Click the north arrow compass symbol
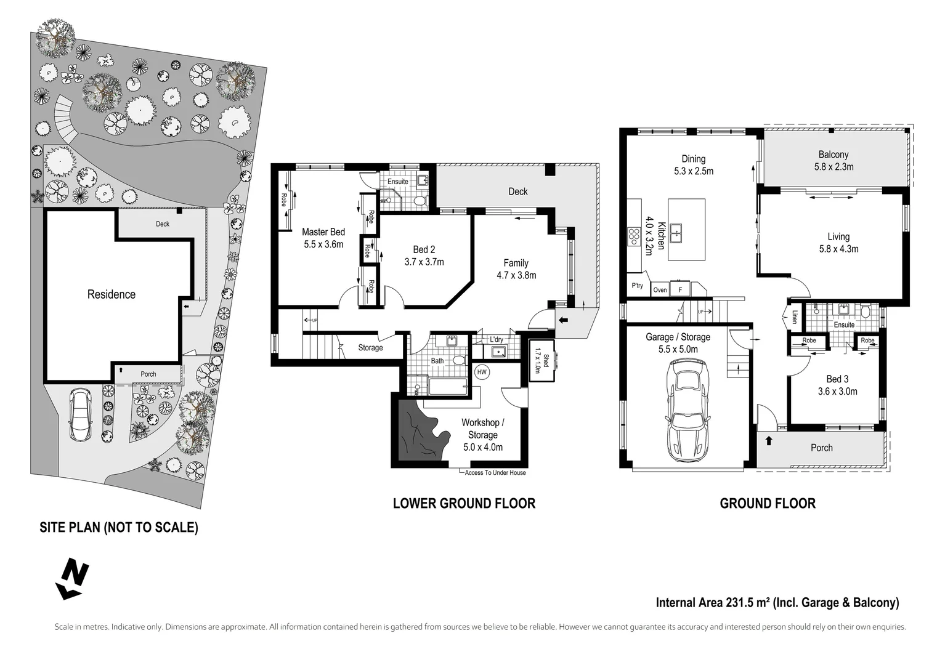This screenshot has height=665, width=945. pyautogui.click(x=73, y=579)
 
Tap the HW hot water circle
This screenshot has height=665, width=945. pyautogui.click(x=482, y=372)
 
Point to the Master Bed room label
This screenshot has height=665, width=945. pyautogui.click(x=323, y=232)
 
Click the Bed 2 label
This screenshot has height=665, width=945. pyautogui.click(x=424, y=249)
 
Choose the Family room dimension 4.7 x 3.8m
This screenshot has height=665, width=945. pyautogui.click(x=516, y=275)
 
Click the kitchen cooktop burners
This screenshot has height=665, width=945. pyautogui.click(x=633, y=236)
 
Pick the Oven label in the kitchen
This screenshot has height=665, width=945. pyautogui.click(x=660, y=290)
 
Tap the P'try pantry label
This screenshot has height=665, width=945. pyautogui.click(x=637, y=286)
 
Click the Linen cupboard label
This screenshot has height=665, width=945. pyautogui.click(x=795, y=316)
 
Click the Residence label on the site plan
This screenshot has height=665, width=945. pyautogui.click(x=111, y=294)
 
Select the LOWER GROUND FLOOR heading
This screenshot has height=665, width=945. pyautogui.click(x=464, y=504)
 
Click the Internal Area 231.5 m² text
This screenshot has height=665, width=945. pyautogui.click(x=713, y=602)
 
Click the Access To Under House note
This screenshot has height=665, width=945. pyautogui.click(x=495, y=472)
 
